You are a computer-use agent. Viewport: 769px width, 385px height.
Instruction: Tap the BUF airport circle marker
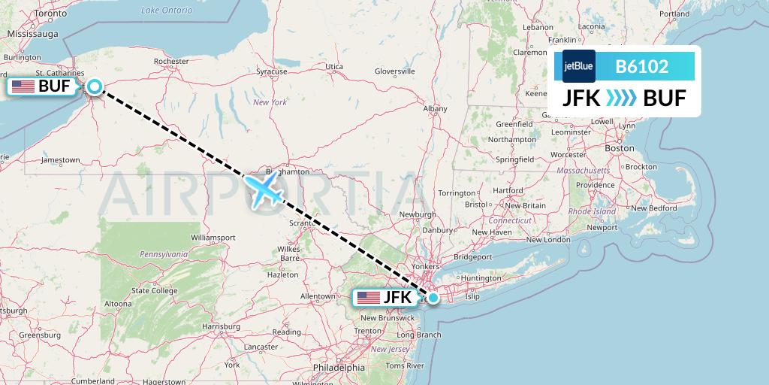click(x=95, y=86)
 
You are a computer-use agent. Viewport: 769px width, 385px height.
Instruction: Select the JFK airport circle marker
click(x=433, y=297)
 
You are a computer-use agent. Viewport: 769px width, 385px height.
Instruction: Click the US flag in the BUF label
click(x=23, y=86)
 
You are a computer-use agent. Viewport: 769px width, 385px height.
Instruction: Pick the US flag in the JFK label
click(x=368, y=298)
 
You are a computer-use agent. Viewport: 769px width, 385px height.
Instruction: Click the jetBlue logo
click(x=578, y=66)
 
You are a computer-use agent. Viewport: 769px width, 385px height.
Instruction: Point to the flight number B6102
click(x=641, y=66)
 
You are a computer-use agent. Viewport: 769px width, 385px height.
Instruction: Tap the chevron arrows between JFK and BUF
click(x=621, y=98)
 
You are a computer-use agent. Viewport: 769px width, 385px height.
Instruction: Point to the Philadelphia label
click(x=339, y=368)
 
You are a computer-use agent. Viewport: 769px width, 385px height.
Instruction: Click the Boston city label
click(x=620, y=148)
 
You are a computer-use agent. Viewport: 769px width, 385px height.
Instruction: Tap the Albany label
click(x=435, y=109)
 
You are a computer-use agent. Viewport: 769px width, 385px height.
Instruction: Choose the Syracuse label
click(x=271, y=71)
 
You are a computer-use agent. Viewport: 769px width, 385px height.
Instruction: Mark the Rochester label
click(x=170, y=61)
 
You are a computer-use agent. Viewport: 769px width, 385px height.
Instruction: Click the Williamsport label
click(x=213, y=237)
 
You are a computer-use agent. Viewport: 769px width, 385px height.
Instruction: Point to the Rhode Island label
click(x=594, y=212)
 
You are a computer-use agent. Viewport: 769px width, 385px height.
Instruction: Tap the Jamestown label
click(x=61, y=159)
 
